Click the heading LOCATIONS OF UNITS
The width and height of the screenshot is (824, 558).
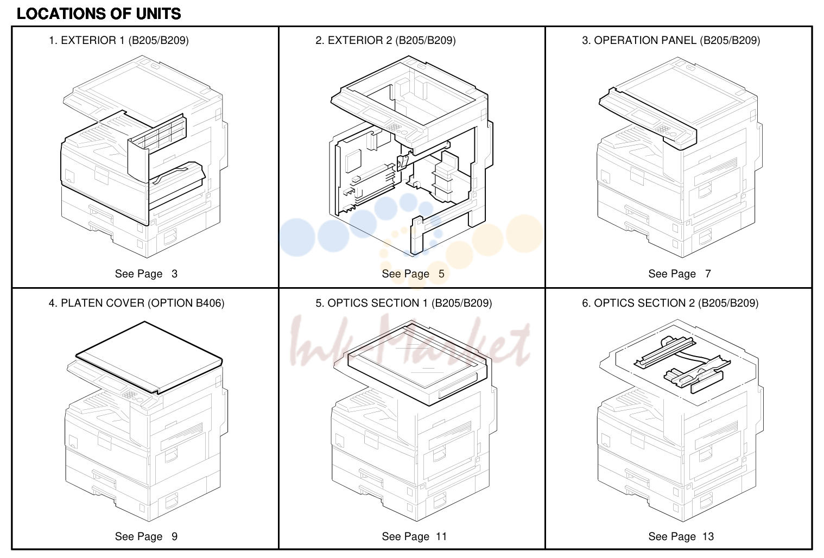tap(99, 14)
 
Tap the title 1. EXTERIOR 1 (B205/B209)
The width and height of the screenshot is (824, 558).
tap(119, 40)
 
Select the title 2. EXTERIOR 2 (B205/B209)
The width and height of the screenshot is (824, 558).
tap(385, 40)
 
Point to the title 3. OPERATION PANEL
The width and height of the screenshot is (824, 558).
tap(671, 40)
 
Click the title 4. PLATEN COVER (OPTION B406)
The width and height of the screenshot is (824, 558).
tap(136, 303)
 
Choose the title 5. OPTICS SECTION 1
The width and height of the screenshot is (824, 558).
tap(403, 303)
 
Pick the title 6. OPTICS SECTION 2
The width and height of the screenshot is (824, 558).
tap(670, 303)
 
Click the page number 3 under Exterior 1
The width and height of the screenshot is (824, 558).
tap(174, 274)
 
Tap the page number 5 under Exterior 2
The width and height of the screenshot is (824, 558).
tap(441, 274)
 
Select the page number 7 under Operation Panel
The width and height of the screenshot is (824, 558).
tap(708, 274)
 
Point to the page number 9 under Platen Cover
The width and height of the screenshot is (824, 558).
tap(174, 536)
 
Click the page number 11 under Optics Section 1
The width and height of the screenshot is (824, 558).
tap(441, 536)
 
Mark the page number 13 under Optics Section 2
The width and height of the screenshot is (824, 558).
tap(708, 536)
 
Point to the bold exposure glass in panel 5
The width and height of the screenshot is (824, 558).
tap(417, 364)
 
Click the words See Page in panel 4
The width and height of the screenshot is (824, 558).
tap(138, 536)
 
